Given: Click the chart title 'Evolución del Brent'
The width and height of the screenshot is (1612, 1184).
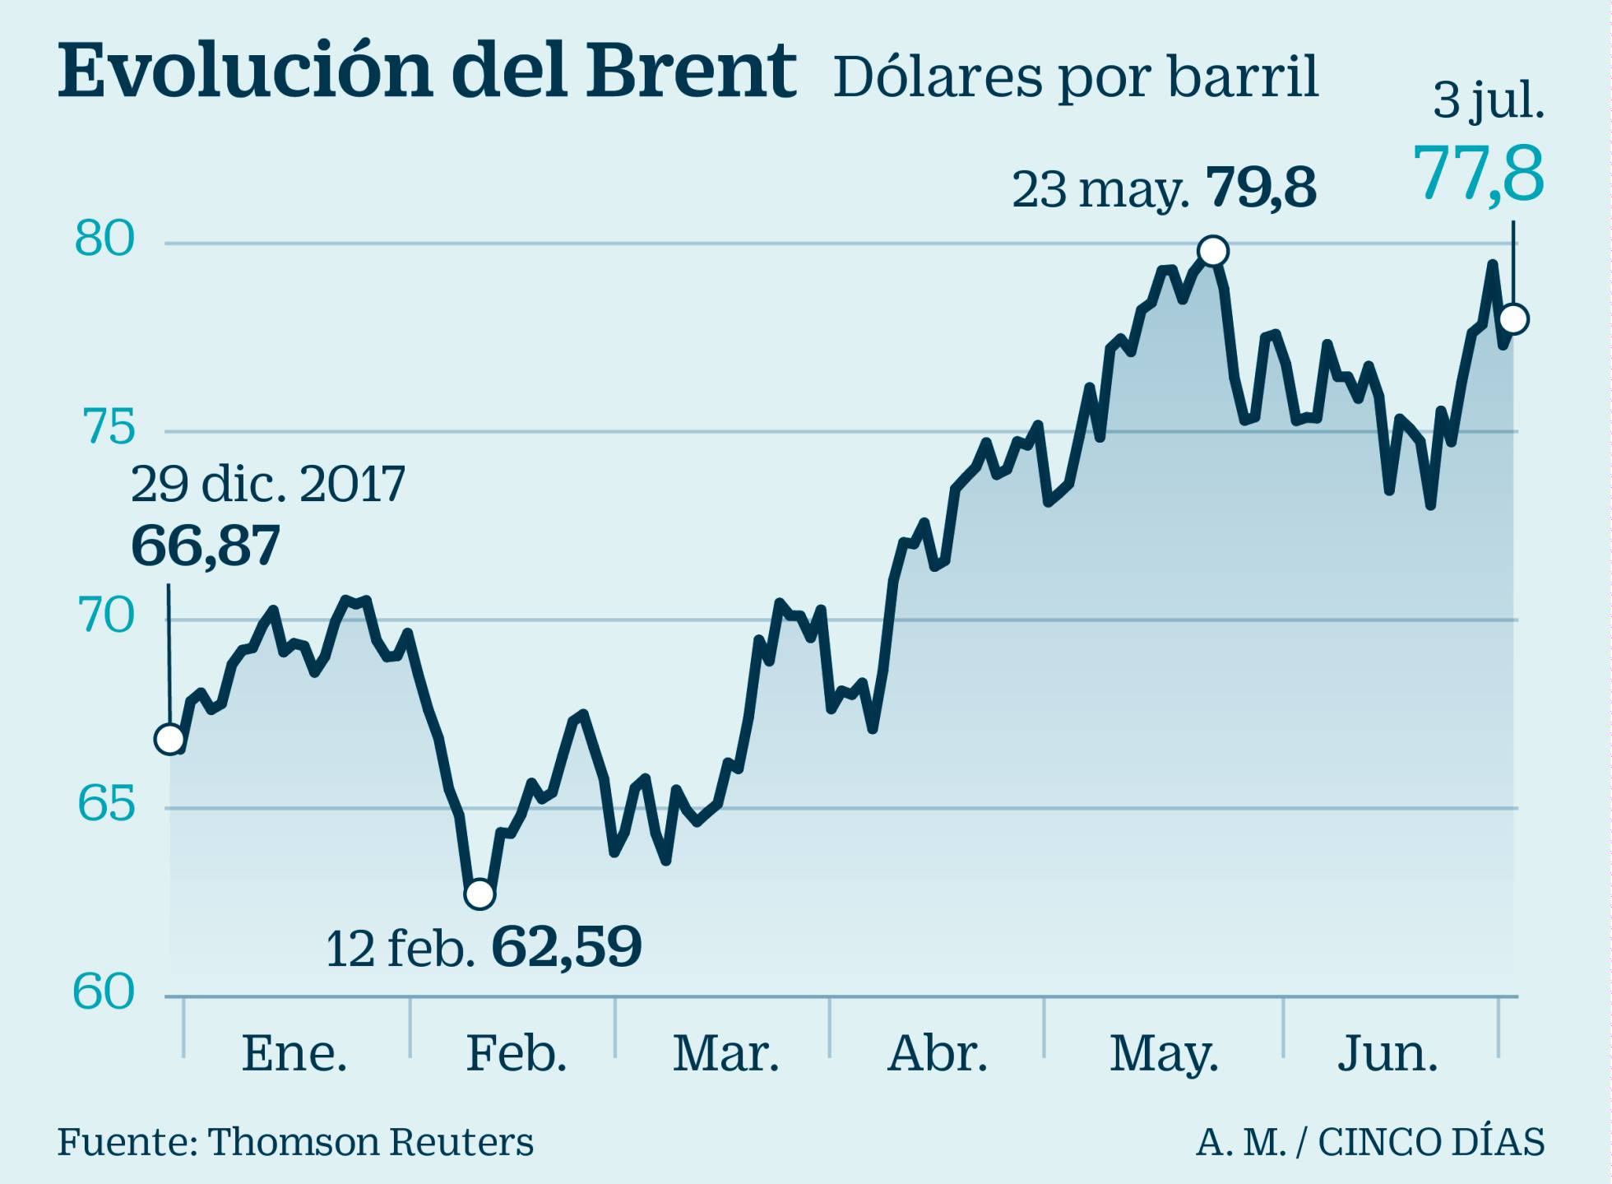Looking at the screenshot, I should click(426, 72).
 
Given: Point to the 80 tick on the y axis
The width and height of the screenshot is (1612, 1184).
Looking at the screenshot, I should click(104, 239).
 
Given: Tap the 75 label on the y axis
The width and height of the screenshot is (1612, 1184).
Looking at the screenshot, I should click(108, 428).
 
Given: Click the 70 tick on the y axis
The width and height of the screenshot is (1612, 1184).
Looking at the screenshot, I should click(107, 616).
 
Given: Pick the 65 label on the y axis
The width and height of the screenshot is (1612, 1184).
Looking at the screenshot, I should click(106, 804).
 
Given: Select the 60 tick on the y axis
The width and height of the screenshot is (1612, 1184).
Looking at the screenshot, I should click(104, 992).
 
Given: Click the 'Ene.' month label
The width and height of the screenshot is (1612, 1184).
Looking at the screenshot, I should click(294, 1053).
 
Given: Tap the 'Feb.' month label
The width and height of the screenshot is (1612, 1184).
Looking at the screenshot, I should click(516, 1053).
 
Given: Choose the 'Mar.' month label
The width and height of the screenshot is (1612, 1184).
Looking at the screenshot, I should click(725, 1053).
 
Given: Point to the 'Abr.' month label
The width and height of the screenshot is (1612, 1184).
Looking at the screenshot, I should click(938, 1053).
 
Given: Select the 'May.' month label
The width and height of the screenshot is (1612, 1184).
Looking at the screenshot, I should click(1164, 1054).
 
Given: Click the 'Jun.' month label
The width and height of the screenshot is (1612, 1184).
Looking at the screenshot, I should click(1387, 1053).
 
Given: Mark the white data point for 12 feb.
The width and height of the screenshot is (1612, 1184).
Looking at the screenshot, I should click(479, 894).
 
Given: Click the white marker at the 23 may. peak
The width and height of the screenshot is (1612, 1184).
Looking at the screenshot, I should click(1213, 251).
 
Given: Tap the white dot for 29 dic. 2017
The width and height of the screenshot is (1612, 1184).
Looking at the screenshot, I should click(169, 740).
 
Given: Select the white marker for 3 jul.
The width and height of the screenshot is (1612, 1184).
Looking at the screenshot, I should click(1513, 319).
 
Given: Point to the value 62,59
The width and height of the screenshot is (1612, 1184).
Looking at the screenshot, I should click(566, 948).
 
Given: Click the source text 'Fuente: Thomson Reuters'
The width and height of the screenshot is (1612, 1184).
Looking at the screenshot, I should click(295, 1142).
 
